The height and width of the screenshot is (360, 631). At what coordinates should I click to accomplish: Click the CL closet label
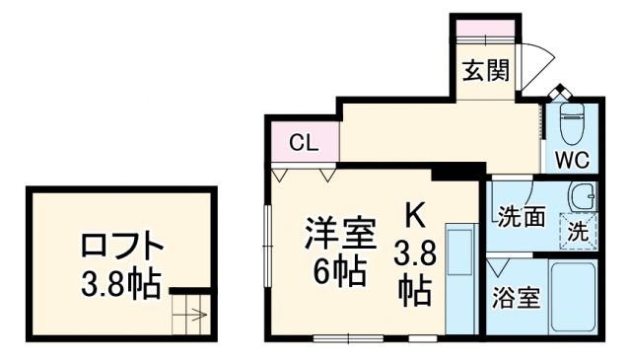point(303,141)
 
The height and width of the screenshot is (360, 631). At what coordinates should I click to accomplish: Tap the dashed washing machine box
point(579,232)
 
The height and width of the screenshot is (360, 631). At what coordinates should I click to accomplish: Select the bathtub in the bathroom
point(572,297)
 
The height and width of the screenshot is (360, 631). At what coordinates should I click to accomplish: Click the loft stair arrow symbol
point(191,318)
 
